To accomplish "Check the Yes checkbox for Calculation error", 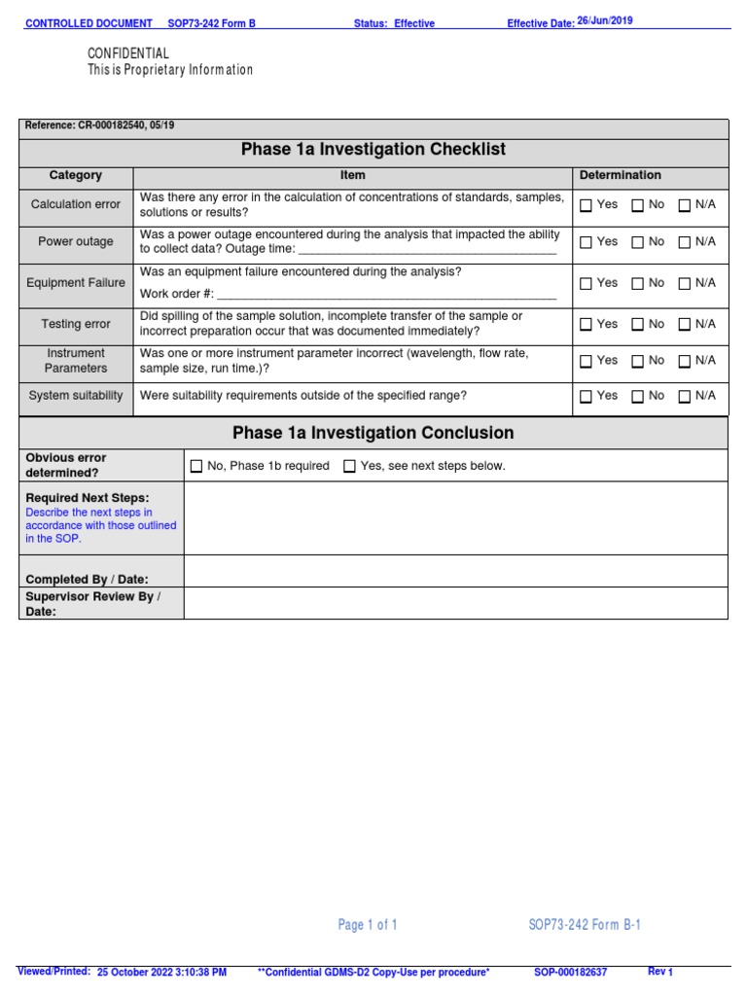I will (586, 205).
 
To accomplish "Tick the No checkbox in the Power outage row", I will (637, 242).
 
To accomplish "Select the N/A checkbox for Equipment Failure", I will (685, 284).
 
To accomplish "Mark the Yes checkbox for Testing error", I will (586, 325).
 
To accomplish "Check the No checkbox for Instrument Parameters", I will (637, 362).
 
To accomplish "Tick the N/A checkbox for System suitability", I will (685, 397).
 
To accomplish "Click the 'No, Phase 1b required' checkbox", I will (196, 467).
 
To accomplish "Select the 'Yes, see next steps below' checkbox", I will (350, 467).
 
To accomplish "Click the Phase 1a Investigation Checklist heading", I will (373, 150).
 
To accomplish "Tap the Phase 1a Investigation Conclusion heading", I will (373, 433).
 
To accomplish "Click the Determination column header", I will (620, 176).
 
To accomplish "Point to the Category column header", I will (76, 176).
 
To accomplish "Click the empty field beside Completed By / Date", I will (455, 571).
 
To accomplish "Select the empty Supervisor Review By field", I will (455, 603).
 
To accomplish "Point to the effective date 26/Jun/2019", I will (605, 21).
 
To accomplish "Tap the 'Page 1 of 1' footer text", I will (368, 925).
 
